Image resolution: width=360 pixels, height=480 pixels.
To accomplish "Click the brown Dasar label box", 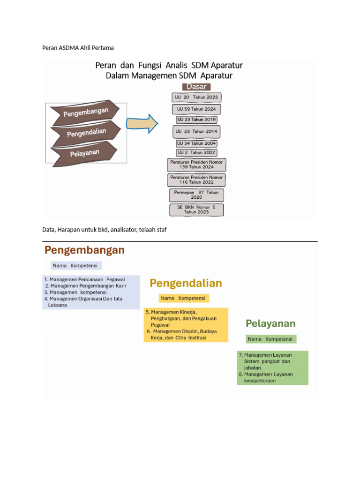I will coord(197,87).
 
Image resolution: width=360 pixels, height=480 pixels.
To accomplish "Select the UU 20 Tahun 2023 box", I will coord(196,97).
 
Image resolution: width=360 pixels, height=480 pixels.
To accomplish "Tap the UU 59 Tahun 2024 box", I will coord(196,109).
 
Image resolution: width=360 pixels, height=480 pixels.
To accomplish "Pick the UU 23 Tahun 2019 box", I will coord(196,120).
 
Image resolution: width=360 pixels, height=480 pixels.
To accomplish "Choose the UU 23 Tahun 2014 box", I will coord(196,132).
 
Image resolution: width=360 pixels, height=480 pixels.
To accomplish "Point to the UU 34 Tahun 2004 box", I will coord(196,143).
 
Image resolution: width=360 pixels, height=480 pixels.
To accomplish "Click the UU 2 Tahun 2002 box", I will coord(196,152).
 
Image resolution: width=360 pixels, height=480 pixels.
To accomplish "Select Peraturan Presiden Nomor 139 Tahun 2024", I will coord(196,164).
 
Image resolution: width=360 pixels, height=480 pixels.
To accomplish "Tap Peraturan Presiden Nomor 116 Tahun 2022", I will coord(196,180).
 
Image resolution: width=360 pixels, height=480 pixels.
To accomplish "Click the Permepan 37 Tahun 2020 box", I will coord(196,195).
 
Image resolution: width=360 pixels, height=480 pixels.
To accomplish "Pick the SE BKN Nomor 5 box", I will coord(196,210).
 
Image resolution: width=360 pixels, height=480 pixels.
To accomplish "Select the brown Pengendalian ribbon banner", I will coord(86,134).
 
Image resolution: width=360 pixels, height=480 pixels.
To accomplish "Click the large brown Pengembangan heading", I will coord(85,250).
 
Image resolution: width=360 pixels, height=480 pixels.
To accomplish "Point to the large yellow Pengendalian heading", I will coord(186,283).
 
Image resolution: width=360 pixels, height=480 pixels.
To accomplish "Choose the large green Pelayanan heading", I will coord(270,323).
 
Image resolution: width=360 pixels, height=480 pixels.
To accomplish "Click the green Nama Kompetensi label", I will coord(270,339).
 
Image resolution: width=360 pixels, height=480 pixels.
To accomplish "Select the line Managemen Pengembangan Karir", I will coord(86,285).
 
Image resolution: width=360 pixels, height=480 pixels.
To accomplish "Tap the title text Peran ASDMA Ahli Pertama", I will coord(78,48).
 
